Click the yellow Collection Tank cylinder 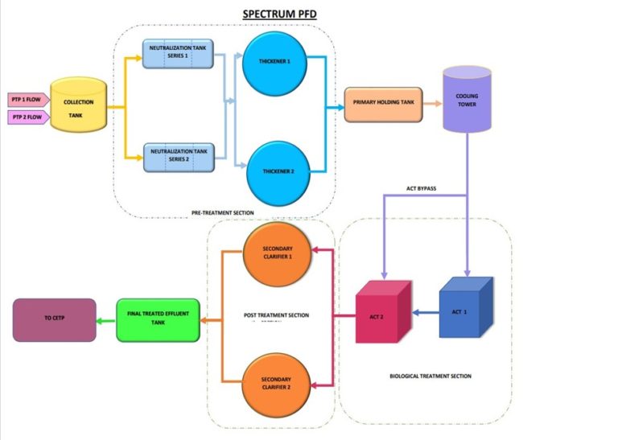point(79,105)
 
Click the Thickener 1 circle point(275,60)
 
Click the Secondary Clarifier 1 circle point(275,255)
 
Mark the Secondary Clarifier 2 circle point(275,381)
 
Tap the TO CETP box point(53,319)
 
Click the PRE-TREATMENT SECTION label point(223,212)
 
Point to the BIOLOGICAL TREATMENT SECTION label point(429,376)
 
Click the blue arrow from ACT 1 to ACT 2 point(424,313)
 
